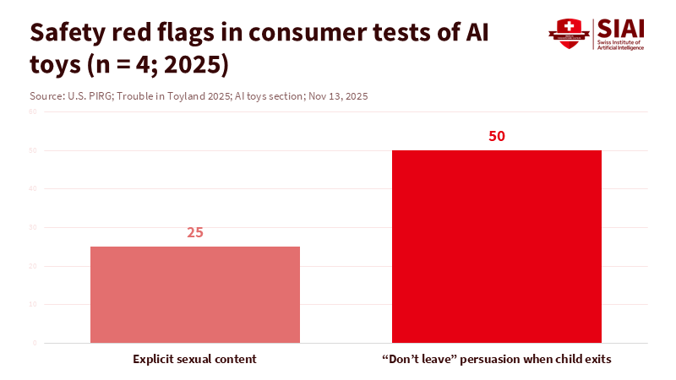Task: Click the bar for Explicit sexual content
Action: click(x=195, y=295)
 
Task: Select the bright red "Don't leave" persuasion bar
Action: click(x=497, y=247)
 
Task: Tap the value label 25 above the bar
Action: click(x=195, y=232)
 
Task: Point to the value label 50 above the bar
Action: click(x=497, y=136)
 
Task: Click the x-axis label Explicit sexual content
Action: click(x=195, y=359)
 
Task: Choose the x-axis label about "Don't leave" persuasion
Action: click(x=497, y=359)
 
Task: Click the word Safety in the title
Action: click(x=68, y=31)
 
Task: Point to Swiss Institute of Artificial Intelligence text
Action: click(x=620, y=45)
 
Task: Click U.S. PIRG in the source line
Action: click(x=90, y=96)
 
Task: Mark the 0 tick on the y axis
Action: click(x=35, y=343)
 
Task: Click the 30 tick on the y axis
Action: click(x=33, y=227)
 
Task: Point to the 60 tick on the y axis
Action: click(x=33, y=111)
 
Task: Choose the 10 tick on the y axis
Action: click(x=33, y=304)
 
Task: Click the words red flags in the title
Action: click(x=155, y=31)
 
